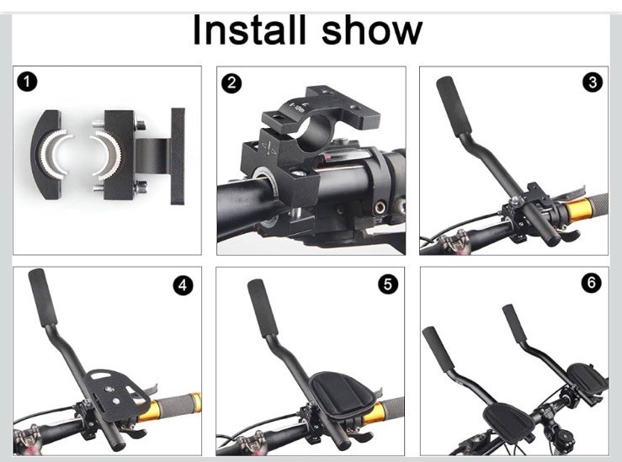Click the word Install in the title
(249, 29)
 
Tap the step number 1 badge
(27, 82)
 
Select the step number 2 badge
(231, 83)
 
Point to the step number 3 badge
(593, 82)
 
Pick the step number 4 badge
(183, 285)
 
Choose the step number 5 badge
(388, 284)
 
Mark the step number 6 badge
(592, 283)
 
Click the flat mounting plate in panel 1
(178, 156)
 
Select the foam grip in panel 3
(454, 105)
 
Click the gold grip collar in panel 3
(579, 210)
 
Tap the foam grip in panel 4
(42, 297)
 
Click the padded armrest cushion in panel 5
(341, 393)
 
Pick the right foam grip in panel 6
(514, 324)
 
